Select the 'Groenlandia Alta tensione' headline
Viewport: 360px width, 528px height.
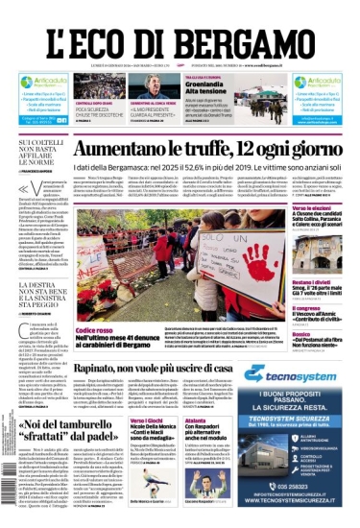pos(210,92)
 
